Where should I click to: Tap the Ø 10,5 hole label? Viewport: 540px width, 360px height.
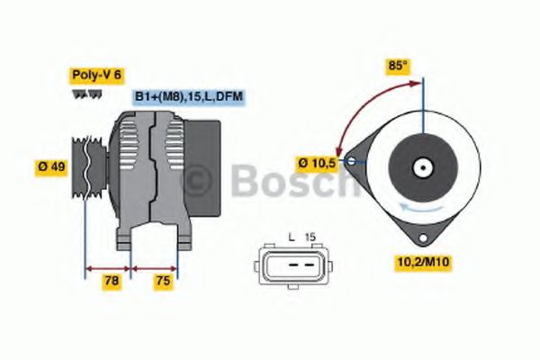[318, 162]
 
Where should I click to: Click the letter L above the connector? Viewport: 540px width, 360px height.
[292, 236]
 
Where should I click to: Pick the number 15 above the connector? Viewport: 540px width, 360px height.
[310, 236]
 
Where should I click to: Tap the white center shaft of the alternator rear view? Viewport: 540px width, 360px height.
[420, 167]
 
